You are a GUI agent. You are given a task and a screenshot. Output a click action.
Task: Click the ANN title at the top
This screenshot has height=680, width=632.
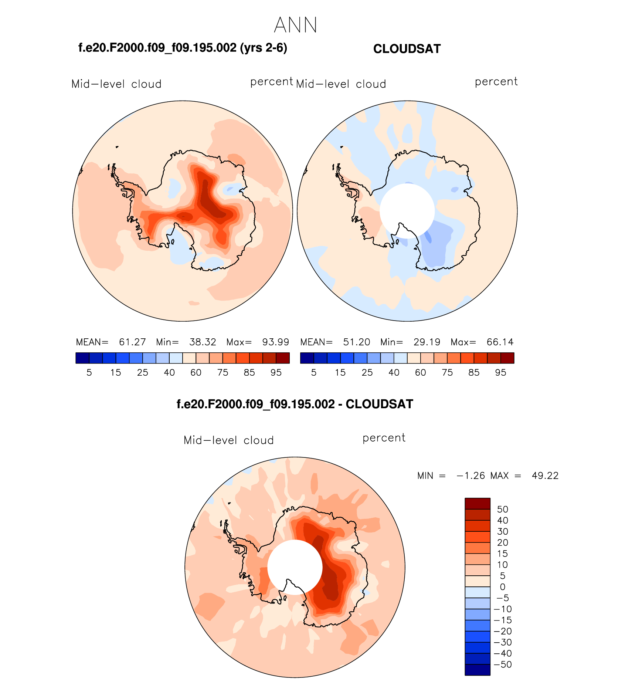click(x=296, y=25)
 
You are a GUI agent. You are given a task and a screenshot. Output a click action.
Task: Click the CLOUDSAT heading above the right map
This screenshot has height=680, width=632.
click(x=407, y=49)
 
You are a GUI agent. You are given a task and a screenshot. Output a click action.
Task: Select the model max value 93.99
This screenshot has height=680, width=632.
click(x=275, y=342)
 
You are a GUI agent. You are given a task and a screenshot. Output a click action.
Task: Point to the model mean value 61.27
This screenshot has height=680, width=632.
click(x=132, y=342)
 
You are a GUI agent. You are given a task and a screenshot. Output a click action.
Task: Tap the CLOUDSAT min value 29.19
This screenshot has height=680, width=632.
click(x=427, y=342)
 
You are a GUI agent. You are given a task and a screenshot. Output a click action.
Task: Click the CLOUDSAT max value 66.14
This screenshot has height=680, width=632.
click(x=500, y=342)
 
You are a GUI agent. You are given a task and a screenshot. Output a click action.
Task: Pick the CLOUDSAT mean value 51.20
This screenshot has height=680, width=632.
click(x=357, y=342)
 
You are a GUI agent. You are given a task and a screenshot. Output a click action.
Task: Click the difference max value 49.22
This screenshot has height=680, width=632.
click(x=545, y=476)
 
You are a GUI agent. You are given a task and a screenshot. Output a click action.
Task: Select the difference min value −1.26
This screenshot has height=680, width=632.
click(x=470, y=476)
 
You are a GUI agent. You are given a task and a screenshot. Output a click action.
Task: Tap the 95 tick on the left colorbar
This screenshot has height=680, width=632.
click(x=276, y=373)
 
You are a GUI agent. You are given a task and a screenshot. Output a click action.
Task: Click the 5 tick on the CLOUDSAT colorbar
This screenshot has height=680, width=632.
click(x=314, y=373)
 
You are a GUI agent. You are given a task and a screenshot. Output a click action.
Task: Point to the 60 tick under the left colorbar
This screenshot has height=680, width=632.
click(x=196, y=373)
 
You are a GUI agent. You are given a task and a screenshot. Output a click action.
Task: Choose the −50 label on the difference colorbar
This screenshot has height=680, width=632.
click(x=503, y=664)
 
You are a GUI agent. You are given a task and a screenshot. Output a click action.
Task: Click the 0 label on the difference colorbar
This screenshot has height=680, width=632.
click(x=503, y=587)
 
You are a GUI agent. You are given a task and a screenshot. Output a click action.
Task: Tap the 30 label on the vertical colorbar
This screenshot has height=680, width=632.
click(x=503, y=531)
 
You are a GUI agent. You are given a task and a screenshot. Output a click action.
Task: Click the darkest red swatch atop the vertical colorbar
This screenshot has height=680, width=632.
click(x=478, y=504)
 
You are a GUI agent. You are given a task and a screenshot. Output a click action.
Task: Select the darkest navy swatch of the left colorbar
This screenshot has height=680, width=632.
click(x=82, y=358)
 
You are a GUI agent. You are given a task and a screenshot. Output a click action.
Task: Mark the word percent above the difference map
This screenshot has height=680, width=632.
click(x=384, y=438)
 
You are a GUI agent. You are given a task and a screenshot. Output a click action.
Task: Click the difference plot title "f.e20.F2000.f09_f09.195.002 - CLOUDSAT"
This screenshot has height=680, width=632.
click(x=295, y=404)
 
